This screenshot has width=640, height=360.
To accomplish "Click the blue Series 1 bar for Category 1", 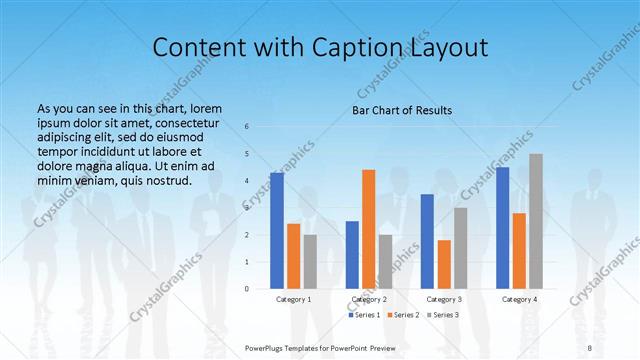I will coord(277,231).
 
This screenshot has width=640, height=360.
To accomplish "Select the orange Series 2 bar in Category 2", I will coord(369,229).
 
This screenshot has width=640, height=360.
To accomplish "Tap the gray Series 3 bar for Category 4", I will coord(537,221).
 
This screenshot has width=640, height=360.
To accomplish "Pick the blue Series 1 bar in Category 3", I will coord(427,241).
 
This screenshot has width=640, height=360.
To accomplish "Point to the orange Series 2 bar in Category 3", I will coord(444,264).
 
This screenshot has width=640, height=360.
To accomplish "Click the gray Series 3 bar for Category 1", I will coord(310,261).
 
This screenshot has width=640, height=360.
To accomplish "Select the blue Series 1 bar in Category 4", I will coord(503,227).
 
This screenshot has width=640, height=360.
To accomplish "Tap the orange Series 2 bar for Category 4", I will coord(520,250).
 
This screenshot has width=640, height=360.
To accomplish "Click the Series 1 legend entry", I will coord(363,315).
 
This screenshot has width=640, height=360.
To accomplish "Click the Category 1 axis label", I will coord(294,299).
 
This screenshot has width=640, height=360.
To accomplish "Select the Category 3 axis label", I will coord(444,299).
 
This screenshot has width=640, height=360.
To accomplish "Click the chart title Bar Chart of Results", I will coord(402,109).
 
